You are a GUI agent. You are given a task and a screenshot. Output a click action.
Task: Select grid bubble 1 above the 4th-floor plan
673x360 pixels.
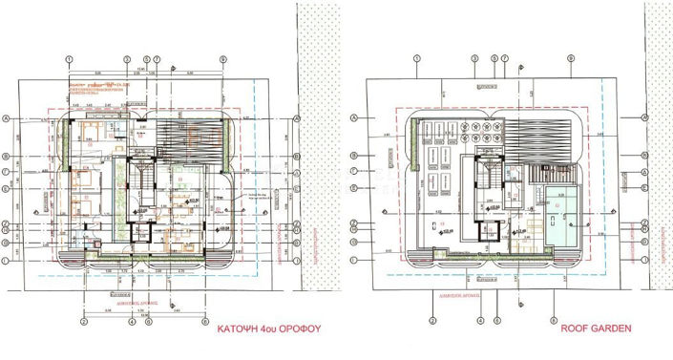tap(71, 58)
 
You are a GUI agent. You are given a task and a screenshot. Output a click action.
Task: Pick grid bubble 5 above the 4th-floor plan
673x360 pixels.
tap(146, 58)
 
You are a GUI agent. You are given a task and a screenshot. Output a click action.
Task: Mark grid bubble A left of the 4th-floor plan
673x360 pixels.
tap(7, 118)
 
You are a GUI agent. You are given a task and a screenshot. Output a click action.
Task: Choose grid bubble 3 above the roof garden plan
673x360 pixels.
tap(474, 58)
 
